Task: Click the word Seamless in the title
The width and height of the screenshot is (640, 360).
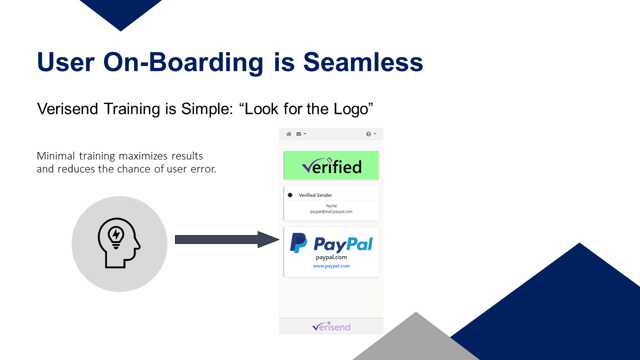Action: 363,62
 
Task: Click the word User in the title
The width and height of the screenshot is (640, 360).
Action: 65,62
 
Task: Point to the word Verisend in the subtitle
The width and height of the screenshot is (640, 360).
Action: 67,108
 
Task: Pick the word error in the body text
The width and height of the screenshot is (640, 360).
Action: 203,169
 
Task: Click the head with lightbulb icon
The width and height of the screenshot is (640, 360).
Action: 119,243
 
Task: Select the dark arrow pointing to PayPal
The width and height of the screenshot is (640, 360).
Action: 227,239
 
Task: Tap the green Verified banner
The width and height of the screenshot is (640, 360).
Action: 331,165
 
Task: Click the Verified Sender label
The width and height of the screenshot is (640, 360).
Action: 315,195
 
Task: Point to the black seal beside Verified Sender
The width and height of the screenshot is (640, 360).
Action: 290,195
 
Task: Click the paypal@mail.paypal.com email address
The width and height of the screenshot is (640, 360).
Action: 331,211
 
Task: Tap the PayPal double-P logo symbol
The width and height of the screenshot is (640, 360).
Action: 298,243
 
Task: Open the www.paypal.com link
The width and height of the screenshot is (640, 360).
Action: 331,266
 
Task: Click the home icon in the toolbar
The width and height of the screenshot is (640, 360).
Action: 289,134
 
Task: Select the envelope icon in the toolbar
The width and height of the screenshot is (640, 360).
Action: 298,134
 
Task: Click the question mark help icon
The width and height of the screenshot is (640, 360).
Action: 368,134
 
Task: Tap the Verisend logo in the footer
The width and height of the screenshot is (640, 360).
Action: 331,326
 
